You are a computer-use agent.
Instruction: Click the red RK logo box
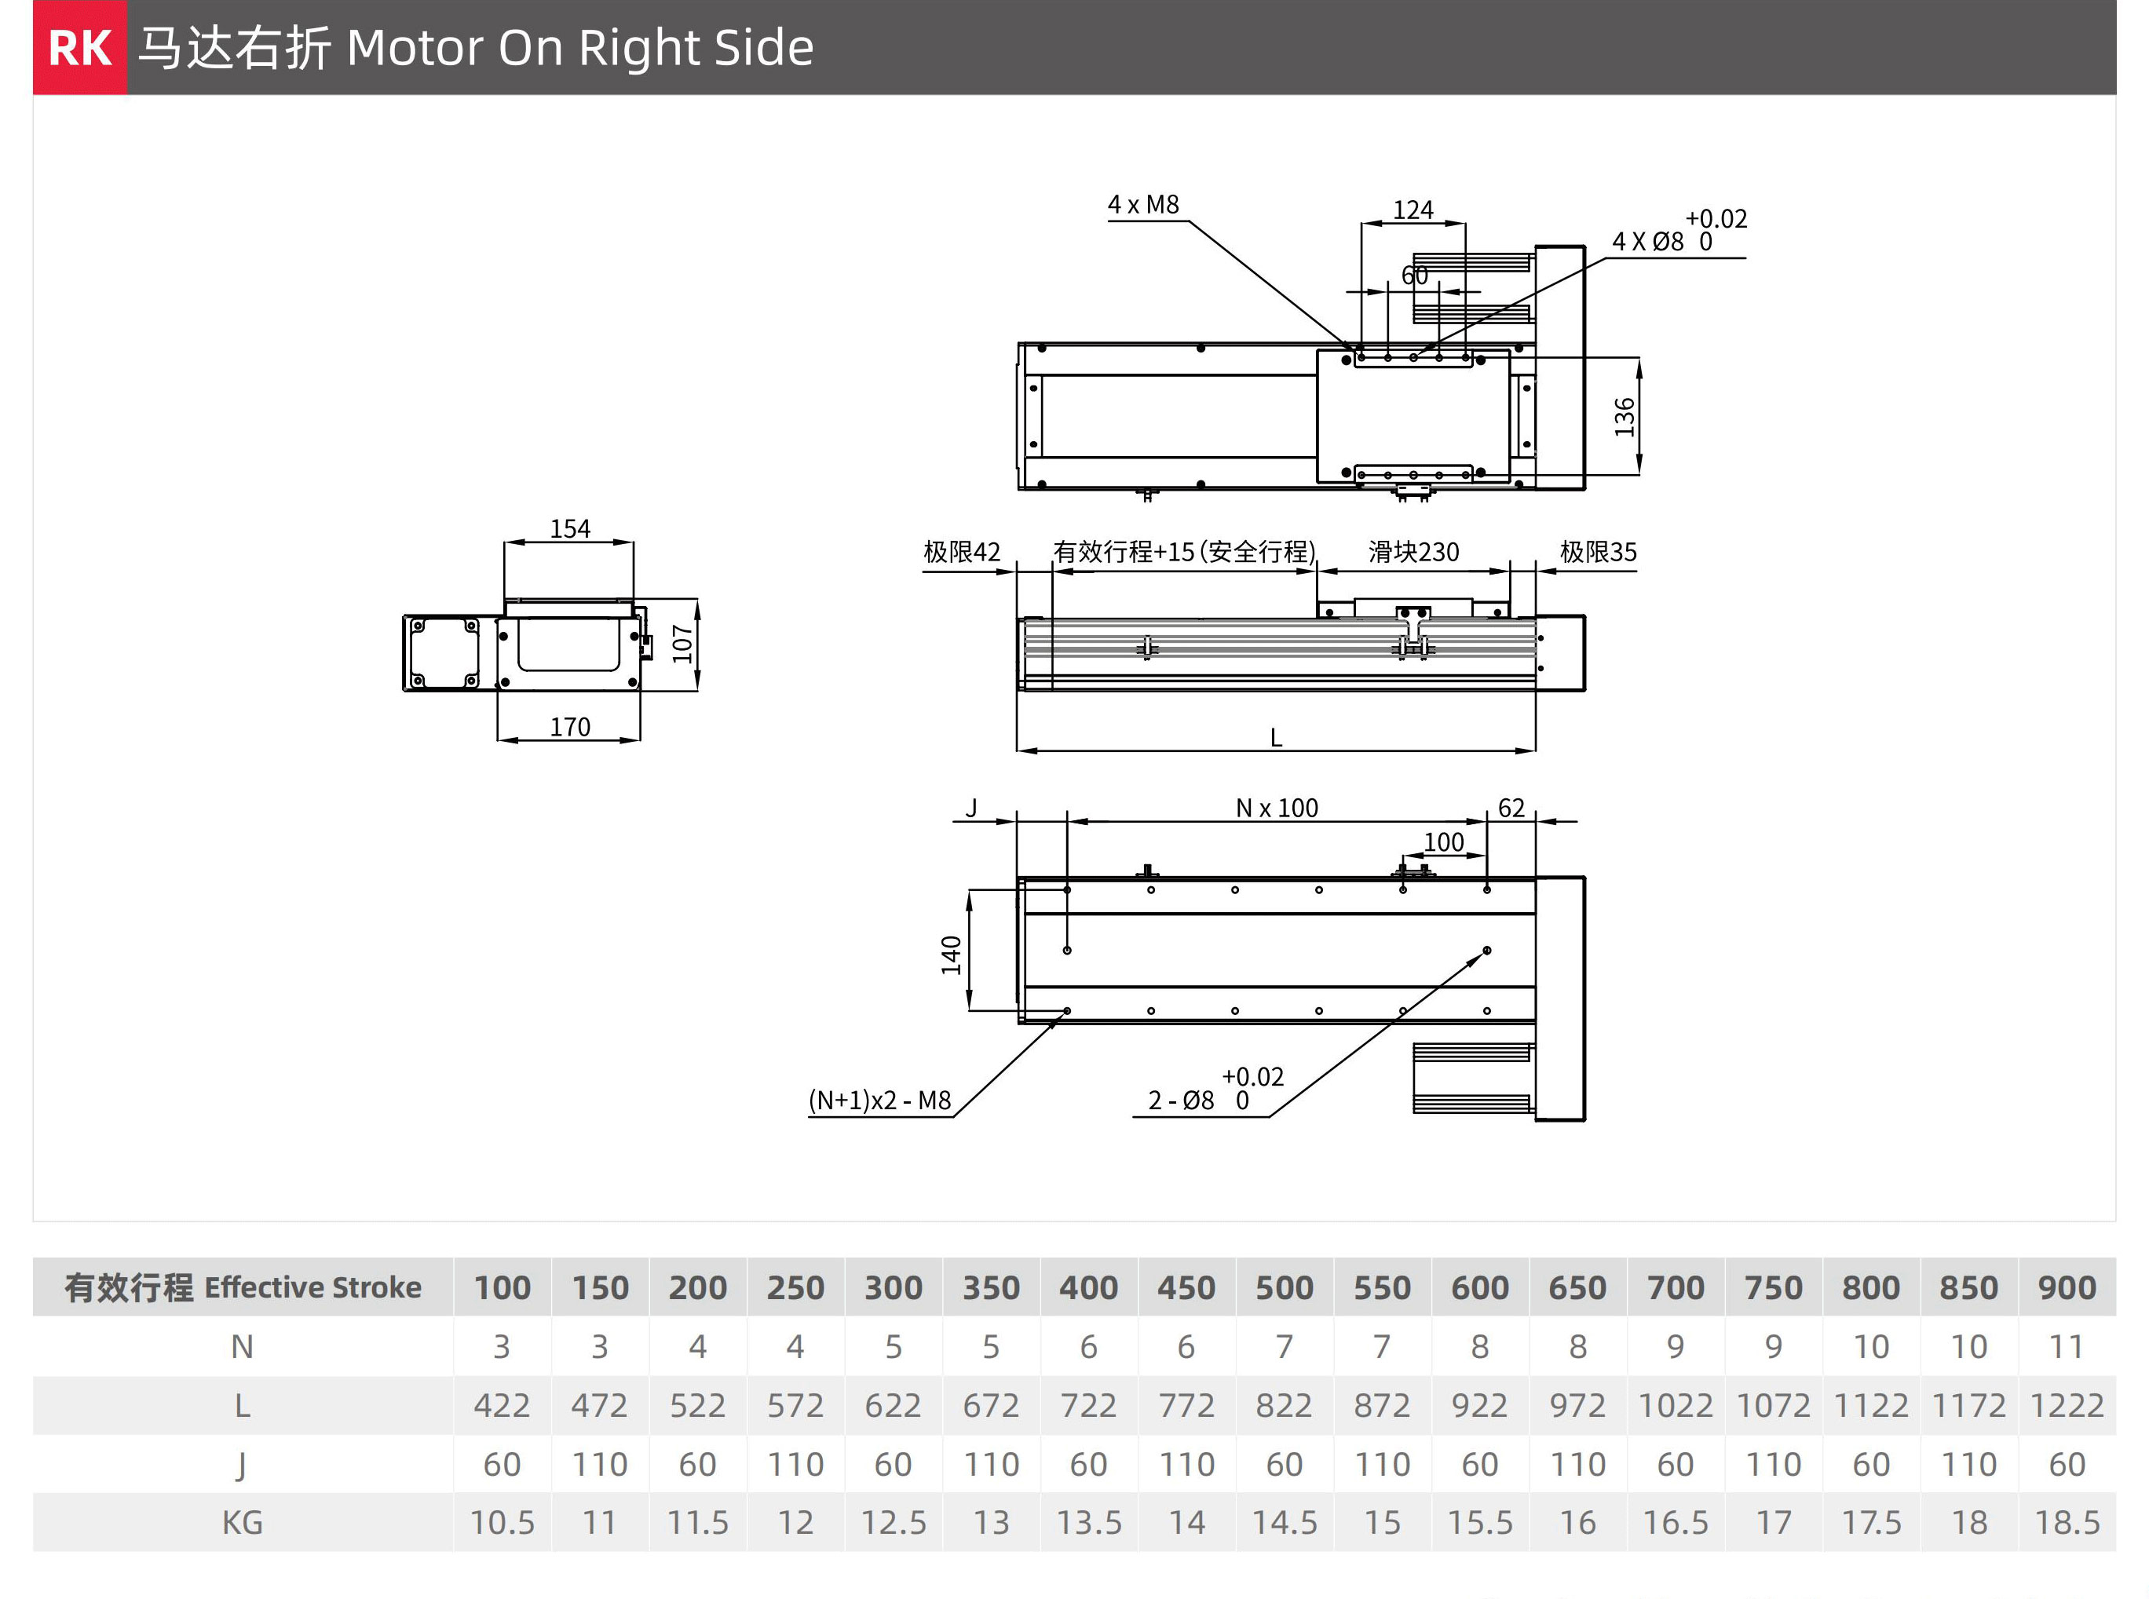[x=79, y=47]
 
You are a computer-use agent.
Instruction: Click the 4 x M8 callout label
[x=1143, y=205]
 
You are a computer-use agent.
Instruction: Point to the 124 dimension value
[x=1413, y=210]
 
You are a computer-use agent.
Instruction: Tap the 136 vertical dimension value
[x=1625, y=417]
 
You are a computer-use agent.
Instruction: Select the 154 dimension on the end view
[x=569, y=528]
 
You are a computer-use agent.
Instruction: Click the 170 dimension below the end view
[x=569, y=727]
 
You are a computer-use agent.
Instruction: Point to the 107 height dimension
[x=682, y=644]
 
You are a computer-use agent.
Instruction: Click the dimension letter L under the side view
[x=1276, y=739]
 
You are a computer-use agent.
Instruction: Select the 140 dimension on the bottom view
[x=952, y=955]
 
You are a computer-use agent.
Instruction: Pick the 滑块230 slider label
[x=1413, y=553]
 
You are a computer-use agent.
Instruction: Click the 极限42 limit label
[x=961, y=553]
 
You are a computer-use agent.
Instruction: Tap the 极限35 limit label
[x=1598, y=553]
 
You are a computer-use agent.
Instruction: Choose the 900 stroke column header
[x=2066, y=1288]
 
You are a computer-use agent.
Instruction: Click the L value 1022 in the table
[x=1675, y=1405]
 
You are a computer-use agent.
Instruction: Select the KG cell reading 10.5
[x=502, y=1524]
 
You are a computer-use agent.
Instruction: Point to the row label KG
[x=242, y=1524]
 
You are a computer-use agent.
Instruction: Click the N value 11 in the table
[x=2066, y=1347]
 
